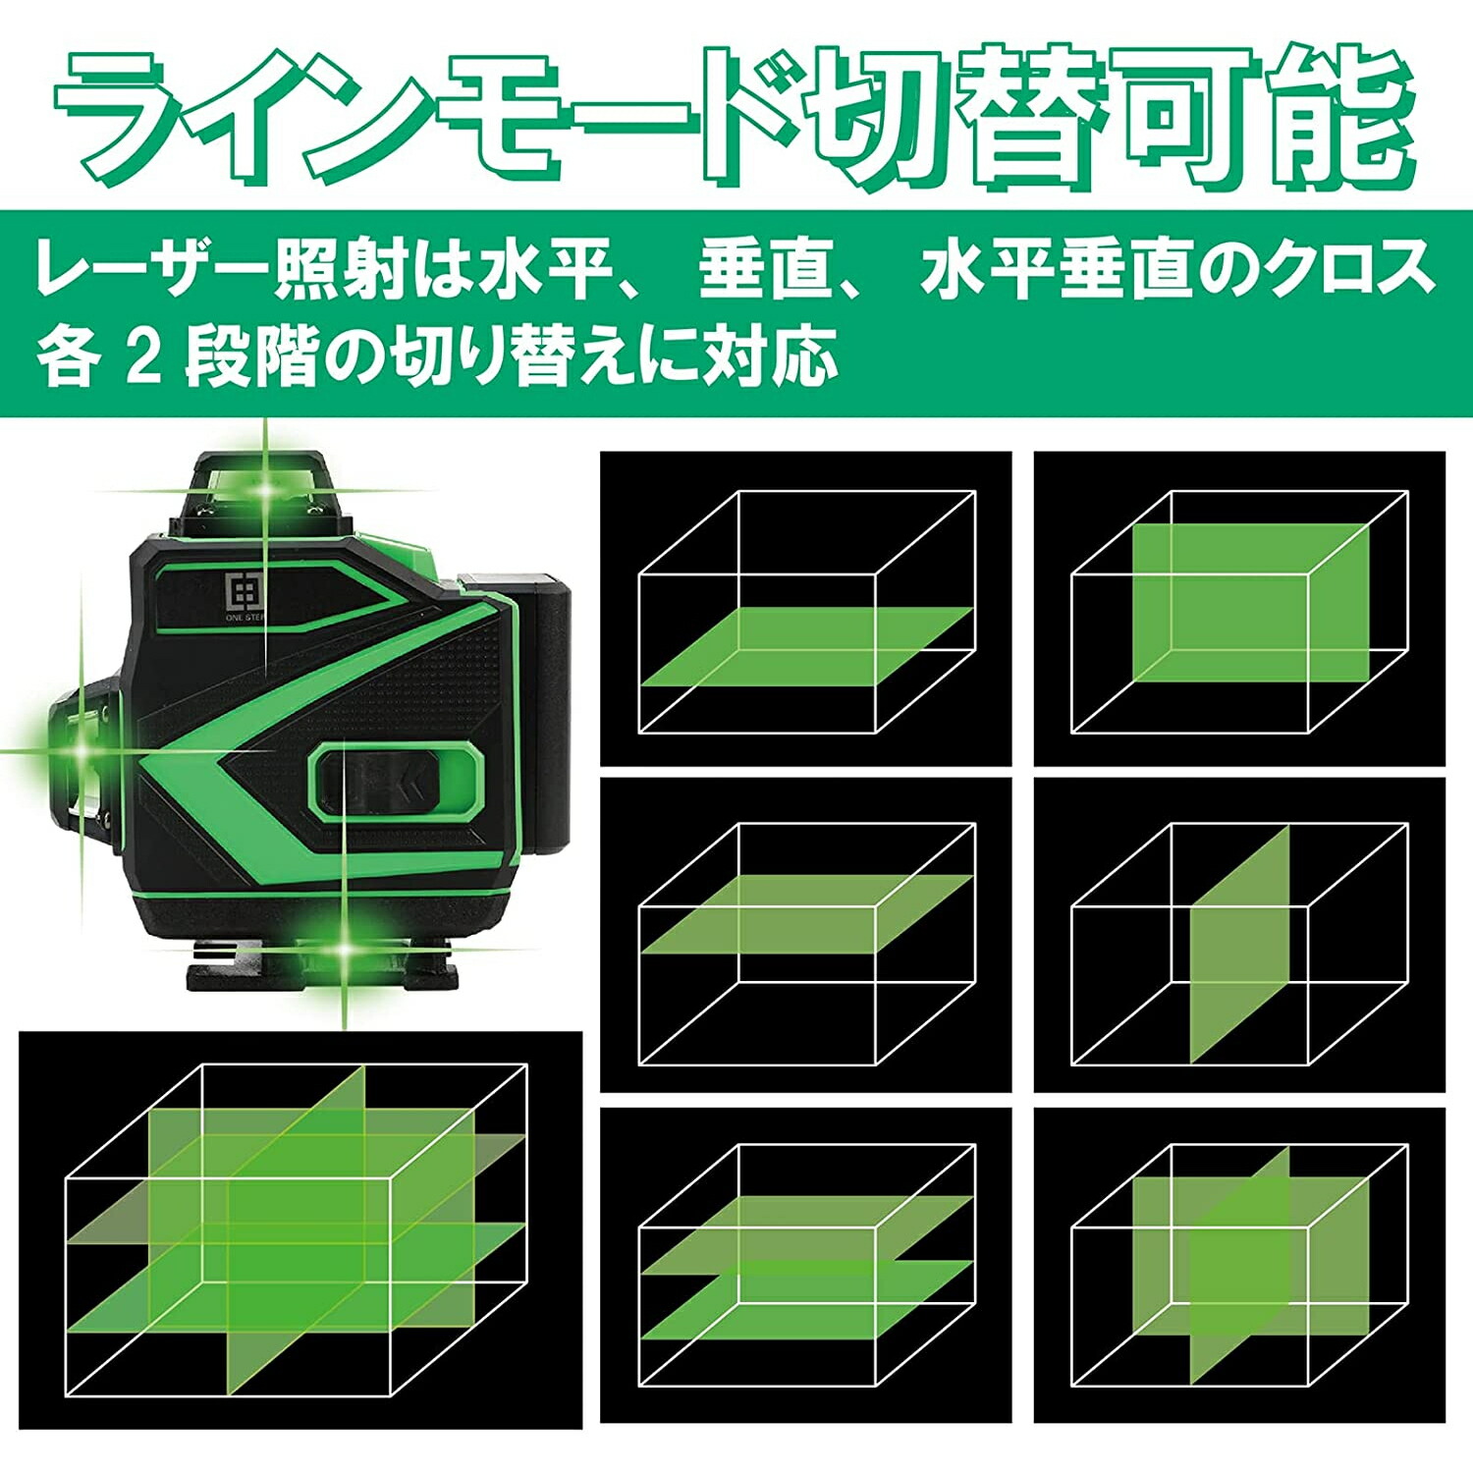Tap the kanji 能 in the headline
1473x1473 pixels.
[1339, 116]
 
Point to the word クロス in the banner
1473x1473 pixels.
[1350, 268]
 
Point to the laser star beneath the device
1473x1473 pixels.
[345, 949]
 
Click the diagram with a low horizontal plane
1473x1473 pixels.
[806, 609]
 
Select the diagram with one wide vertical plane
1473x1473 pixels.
[1239, 609]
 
